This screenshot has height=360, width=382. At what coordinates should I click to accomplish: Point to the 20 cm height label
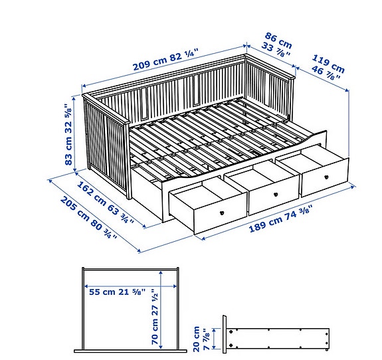tap(197, 339)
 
